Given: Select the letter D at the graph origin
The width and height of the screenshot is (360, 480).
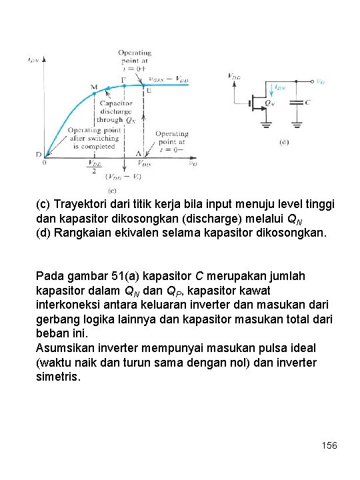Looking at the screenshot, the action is click(39, 155).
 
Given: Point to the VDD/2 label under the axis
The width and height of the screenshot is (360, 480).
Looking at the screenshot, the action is click(95, 167).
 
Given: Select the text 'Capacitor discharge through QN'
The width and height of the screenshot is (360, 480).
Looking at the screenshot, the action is click(116, 112).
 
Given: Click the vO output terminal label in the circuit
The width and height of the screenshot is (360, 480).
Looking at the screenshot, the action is click(320, 82).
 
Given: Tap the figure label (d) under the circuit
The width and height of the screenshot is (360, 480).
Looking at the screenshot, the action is click(284, 142).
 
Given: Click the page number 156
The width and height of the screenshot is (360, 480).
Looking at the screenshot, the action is click(329, 445).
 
